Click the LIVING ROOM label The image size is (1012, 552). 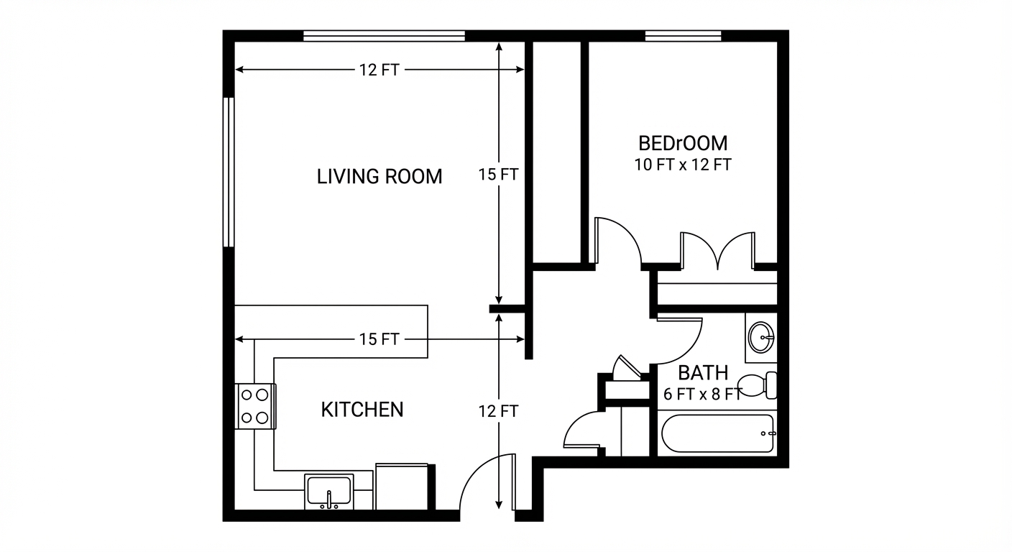[379, 176]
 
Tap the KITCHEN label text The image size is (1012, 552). [362, 410]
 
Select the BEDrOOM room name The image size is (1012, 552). [682, 143]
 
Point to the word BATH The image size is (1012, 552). [703, 373]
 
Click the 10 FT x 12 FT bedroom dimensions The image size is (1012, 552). [682, 165]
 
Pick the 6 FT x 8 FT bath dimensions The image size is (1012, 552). [702, 394]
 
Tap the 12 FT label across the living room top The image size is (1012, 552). [379, 70]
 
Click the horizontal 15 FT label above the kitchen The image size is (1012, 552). [379, 339]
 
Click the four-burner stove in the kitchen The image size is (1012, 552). [256, 406]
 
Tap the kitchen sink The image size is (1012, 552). [329, 491]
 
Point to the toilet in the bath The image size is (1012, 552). [759, 386]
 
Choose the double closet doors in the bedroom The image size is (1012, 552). [717, 250]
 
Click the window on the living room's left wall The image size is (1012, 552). [229, 172]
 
